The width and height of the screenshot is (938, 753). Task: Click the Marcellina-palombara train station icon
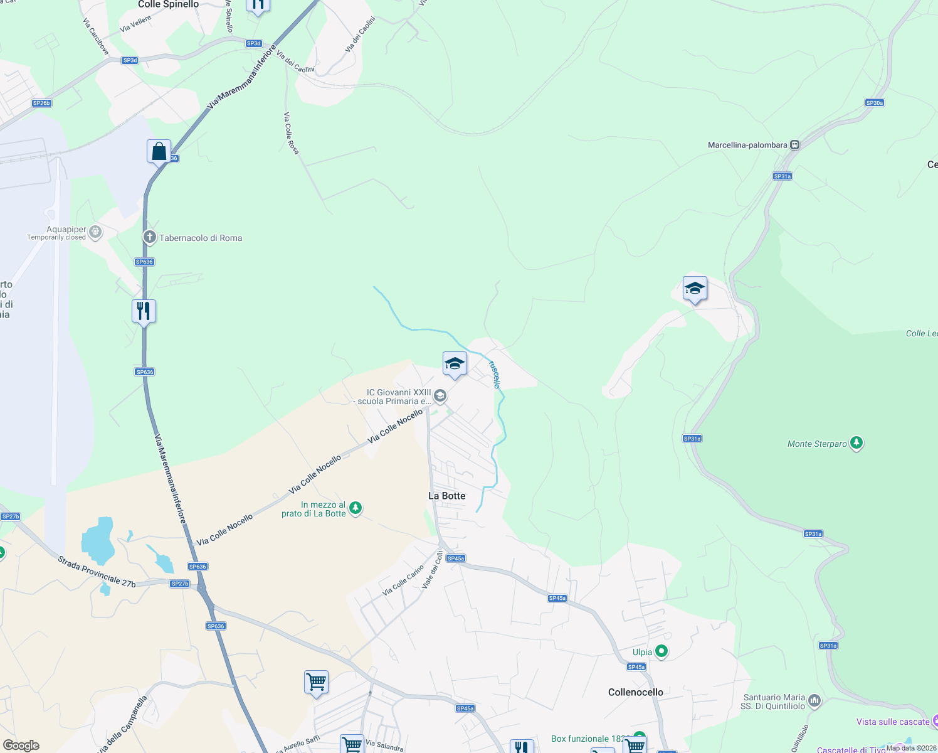point(794,145)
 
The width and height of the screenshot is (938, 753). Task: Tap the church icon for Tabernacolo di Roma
point(149,237)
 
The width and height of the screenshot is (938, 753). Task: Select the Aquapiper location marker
point(95,232)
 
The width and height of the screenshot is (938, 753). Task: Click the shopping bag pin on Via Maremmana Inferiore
point(159,151)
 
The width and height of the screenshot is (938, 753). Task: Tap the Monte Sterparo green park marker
point(856,444)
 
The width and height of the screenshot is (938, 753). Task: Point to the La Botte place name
point(446,496)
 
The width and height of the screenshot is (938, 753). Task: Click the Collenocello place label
point(635,692)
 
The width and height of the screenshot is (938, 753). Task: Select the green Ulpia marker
point(661,652)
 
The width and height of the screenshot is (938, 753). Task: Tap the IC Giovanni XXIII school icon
point(440,395)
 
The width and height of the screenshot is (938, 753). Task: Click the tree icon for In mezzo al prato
point(356,508)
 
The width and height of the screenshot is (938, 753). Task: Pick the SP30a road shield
point(874,103)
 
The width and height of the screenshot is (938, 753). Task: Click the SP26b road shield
point(41,103)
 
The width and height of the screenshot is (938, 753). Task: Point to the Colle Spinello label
point(168,4)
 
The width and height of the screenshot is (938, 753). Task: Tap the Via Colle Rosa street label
point(291,133)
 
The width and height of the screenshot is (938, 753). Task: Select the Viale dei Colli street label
point(433,569)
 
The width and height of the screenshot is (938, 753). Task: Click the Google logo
point(21,745)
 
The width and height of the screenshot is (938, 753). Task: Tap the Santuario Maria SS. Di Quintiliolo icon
point(814,700)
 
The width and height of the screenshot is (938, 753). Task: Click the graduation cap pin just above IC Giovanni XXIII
point(455,364)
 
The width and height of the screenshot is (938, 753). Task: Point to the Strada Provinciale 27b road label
point(97,572)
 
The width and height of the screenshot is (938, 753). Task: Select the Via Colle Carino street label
point(403,581)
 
